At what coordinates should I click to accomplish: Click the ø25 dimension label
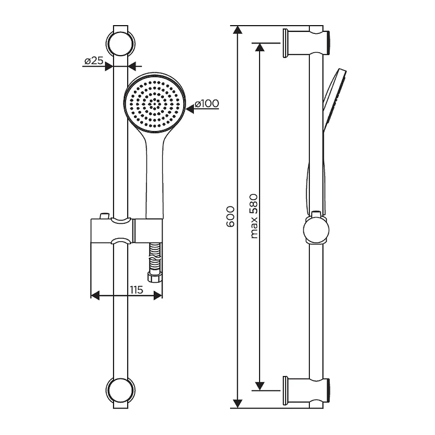coord(94,60)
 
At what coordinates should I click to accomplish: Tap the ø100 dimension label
coord(207,104)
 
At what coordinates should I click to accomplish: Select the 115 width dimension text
coord(136,290)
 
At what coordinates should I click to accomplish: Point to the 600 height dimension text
coord(231,217)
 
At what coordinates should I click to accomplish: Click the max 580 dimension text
coord(254,216)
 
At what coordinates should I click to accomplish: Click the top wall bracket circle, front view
coord(121,44)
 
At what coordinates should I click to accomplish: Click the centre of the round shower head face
coord(155,104)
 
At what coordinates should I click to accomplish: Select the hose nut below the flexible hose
coord(155,277)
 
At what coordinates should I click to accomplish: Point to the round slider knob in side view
coord(316,230)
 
